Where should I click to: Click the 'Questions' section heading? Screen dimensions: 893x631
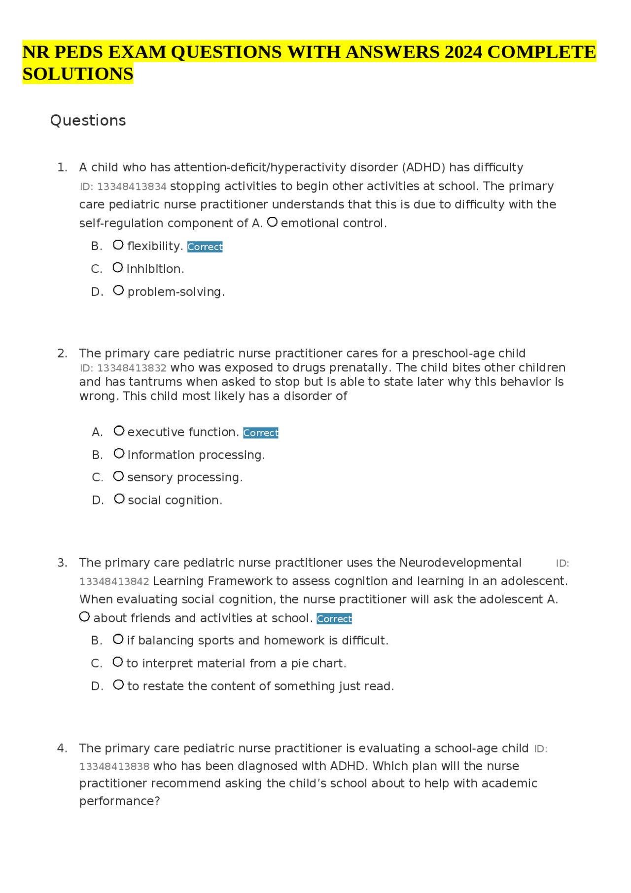[88, 120]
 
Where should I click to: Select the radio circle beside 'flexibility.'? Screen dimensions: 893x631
[118, 245]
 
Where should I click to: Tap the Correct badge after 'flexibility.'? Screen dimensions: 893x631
[205, 247]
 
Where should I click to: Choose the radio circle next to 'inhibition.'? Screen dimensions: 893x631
[118, 268]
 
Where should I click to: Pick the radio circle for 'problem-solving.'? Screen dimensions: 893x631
[118, 290]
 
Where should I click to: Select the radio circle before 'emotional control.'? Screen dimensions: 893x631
[272, 222]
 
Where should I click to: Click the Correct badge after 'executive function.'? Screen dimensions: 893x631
[261, 432]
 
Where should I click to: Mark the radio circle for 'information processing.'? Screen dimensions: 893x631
[119, 454]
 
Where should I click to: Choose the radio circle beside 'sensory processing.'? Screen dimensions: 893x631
[118, 476]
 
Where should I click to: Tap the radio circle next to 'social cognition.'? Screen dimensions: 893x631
[119, 499]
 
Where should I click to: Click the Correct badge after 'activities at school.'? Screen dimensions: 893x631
[334, 618]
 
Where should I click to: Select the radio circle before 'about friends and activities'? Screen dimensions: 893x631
[85, 617]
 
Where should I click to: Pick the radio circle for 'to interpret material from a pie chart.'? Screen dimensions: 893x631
[118, 662]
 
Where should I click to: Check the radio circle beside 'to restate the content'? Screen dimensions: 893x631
[118, 685]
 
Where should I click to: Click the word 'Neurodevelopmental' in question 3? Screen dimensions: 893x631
[460, 563]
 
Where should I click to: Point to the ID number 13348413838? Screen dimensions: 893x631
[114, 766]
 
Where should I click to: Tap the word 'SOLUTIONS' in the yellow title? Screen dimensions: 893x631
[78, 74]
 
